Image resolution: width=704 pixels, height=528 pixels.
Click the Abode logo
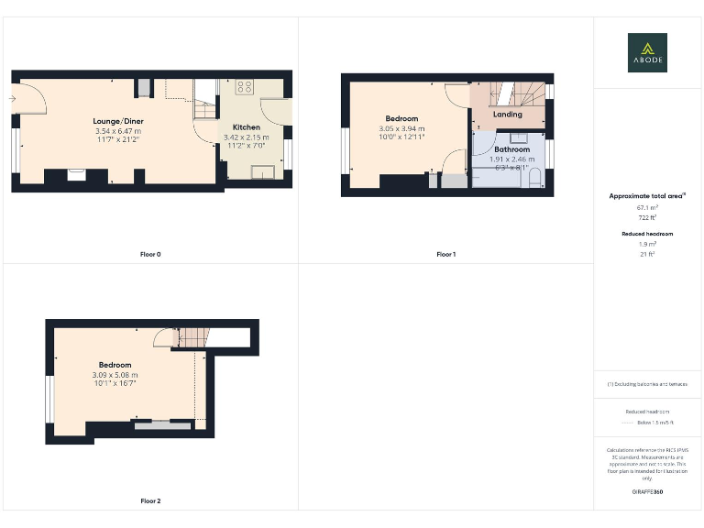coord(647,52)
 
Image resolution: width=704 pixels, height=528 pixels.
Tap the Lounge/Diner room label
coord(117,121)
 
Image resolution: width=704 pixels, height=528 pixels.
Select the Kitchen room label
coord(246,127)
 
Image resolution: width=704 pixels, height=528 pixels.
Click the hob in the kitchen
coord(244,88)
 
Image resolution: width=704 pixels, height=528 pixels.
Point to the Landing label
coord(507,115)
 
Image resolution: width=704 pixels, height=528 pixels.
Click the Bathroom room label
coord(511,148)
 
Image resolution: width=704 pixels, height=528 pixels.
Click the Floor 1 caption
coord(445,254)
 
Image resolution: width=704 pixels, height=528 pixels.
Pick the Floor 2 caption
coord(150,501)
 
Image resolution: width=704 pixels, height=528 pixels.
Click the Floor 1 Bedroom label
coord(401,119)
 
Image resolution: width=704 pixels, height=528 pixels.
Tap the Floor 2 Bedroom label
coord(115,365)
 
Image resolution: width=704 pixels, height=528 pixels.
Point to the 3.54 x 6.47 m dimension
coord(117,131)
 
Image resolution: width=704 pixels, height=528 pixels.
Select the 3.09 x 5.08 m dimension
coord(115,375)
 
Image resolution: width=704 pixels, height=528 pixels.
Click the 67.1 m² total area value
coord(648,208)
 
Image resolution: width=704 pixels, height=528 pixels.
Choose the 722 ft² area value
coord(648,218)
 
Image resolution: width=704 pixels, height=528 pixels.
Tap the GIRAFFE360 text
coord(647,492)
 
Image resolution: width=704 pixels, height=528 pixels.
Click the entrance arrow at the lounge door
coord(14,97)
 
